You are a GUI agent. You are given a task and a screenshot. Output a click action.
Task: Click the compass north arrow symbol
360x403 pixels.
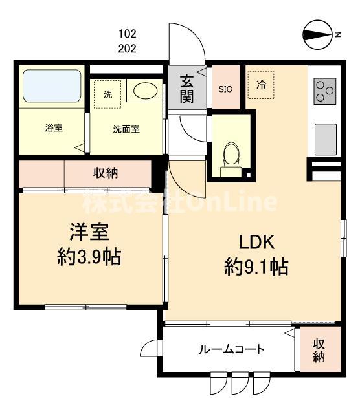pos(317,34)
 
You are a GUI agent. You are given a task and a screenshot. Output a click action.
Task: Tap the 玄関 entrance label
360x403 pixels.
pos(187,89)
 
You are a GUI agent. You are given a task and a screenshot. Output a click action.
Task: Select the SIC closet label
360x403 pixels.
pos(225,89)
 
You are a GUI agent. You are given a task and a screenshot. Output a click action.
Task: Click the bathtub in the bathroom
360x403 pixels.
pos(50,85)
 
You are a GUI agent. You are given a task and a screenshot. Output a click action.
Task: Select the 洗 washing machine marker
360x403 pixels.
pos(107,94)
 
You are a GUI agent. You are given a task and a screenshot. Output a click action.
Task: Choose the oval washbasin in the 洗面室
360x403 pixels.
pos(143,91)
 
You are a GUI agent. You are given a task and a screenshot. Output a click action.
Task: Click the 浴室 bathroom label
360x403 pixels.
pos(54,128)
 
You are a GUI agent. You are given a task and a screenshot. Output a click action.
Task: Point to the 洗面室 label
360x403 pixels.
pos(126,128)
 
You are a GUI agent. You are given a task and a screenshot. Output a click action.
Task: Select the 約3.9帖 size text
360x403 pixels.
pos(89,258)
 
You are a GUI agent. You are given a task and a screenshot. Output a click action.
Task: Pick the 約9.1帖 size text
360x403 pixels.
pos(256,266)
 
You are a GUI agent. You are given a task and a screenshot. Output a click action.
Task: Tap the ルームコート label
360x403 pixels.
pos(231,350)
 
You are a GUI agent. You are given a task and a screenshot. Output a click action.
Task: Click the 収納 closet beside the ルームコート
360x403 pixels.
pos(319,349)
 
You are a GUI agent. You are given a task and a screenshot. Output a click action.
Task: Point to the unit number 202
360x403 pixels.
pos(128,48)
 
